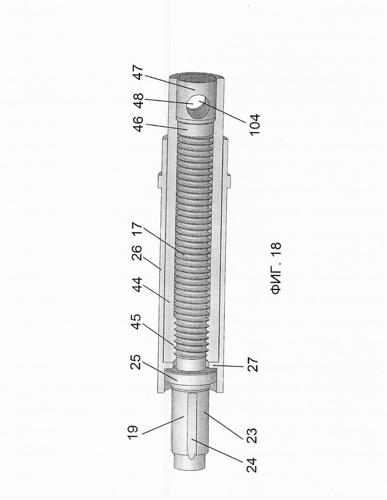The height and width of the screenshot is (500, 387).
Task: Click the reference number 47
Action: [138, 73]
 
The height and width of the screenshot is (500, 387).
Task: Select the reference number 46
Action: [138, 124]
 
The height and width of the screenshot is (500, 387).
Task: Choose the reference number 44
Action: [138, 285]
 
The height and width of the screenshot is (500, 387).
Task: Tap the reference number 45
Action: [138, 322]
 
